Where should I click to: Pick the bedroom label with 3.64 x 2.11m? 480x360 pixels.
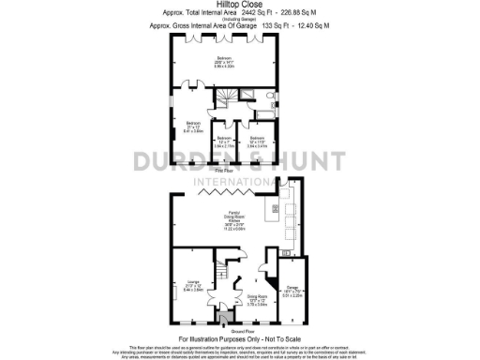pos(223,143)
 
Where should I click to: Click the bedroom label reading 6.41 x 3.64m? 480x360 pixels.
pos(192,129)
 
